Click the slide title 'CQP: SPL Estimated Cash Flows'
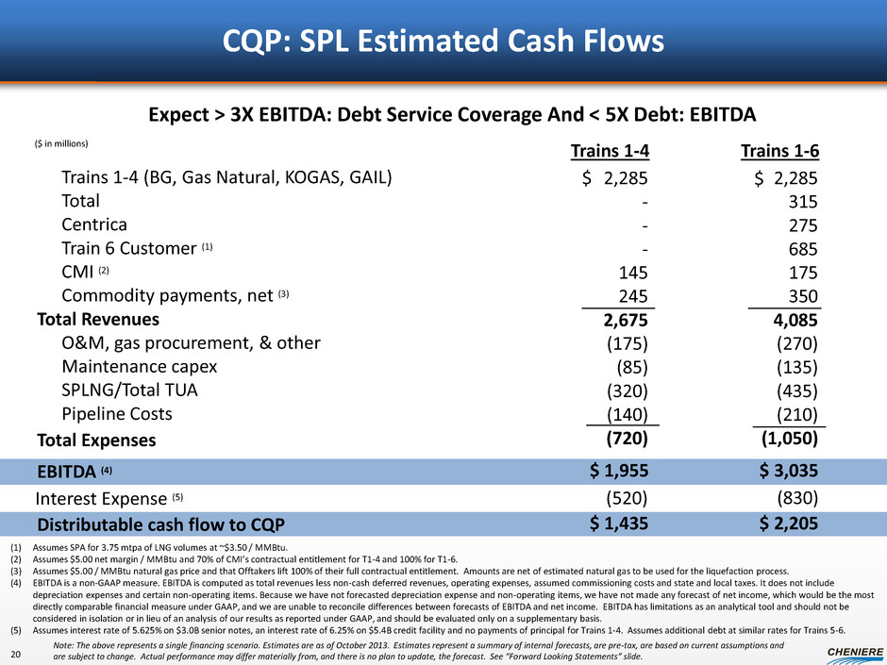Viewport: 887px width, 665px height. [x=443, y=42]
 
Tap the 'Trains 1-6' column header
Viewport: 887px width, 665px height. [x=784, y=151]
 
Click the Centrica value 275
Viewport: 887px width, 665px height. [x=799, y=225]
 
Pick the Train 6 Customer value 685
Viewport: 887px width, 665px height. [x=799, y=249]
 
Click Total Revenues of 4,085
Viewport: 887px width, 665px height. [x=795, y=319]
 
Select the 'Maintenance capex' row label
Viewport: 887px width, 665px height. [x=139, y=365]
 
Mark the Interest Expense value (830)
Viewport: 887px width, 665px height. [x=795, y=497]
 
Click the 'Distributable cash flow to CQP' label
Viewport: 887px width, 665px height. [x=160, y=524]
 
